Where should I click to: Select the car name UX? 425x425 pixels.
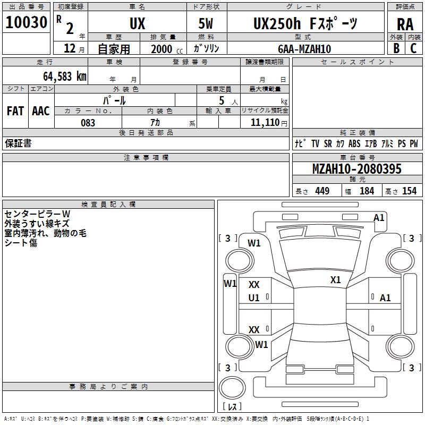137,23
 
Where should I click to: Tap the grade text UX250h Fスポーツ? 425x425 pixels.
305,23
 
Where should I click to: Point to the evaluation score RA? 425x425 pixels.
405,24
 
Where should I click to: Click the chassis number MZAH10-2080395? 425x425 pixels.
356,169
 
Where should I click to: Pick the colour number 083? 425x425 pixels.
88,123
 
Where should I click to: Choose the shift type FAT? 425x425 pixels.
15,110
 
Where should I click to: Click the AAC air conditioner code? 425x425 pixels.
41,110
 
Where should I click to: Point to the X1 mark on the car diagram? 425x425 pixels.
335,280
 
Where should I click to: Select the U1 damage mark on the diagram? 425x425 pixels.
254,298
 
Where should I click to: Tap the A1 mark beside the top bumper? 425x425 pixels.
378,218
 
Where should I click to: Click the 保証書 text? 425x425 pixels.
18,143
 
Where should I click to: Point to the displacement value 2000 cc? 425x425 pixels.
166,49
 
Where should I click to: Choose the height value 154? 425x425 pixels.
409,191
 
